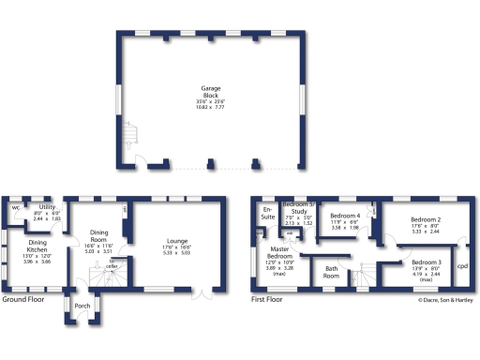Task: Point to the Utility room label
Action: pos(48,207)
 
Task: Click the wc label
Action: pos(16,207)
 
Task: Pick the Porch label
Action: pos(82,306)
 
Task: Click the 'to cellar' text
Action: pos(112,265)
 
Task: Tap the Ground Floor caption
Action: pos(25,300)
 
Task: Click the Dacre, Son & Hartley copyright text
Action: pos(446,300)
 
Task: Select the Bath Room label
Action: pos(331,272)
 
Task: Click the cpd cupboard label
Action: pos(461,265)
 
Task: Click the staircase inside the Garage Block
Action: pos(129,138)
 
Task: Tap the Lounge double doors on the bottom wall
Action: pos(201,292)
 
